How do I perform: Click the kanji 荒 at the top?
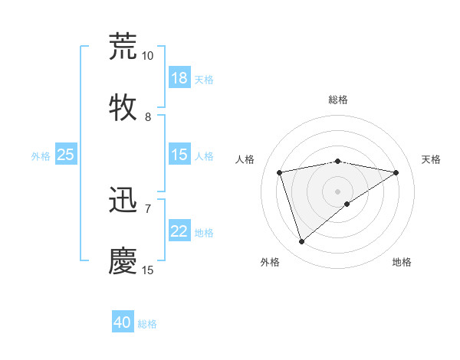[x=123, y=46]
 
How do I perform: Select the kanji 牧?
[x=123, y=108]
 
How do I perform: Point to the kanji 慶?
[x=123, y=260]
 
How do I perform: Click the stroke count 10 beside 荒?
[x=147, y=56]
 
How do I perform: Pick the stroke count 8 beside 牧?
[x=147, y=117]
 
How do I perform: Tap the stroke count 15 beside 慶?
[x=147, y=270]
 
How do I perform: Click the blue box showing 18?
[x=179, y=78]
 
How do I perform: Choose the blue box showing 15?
[x=179, y=155]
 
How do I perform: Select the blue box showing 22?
[x=179, y=231]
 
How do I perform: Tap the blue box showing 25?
[x=66, y=155]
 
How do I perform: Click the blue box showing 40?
[x=123, y=322]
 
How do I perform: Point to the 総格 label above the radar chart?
[x=338, y=100]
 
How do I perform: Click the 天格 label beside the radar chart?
[x=431, y=159]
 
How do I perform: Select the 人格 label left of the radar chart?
[x=245, y=159]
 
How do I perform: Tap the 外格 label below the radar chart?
[x=269, y=262]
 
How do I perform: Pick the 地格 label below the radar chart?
[x=402, y=262]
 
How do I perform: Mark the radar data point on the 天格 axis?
[x=396, y=172]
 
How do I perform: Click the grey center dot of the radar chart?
[x=338, y=191]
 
